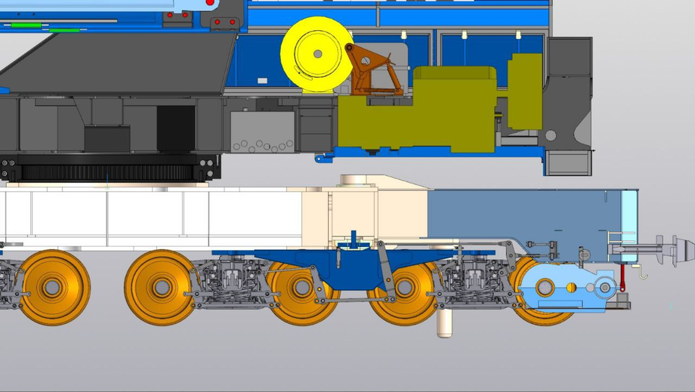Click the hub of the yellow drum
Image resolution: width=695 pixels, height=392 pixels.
tap(317, 54)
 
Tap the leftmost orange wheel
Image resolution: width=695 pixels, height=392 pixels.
tap(53, 287)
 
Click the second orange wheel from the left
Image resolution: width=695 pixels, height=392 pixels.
tap(161, 287)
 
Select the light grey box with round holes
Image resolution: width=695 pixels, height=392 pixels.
tap(262, 132)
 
